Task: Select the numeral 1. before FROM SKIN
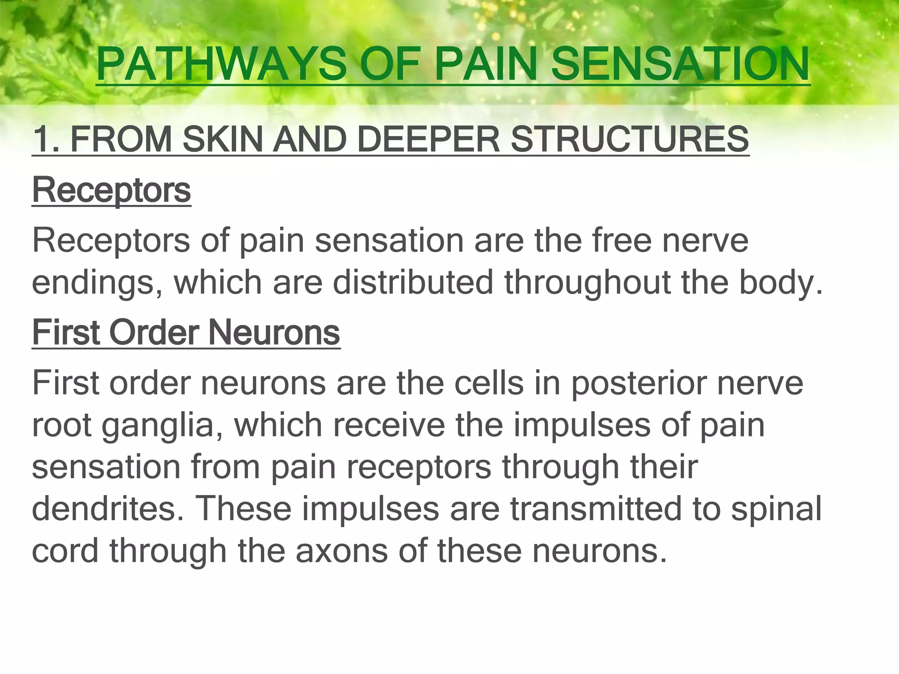[x=46, y=140]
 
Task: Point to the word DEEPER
[x=428, y=140]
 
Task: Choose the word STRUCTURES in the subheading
[x=630, y=140]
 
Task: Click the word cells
[x=489, y=383]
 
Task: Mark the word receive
[x=388, y=425]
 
